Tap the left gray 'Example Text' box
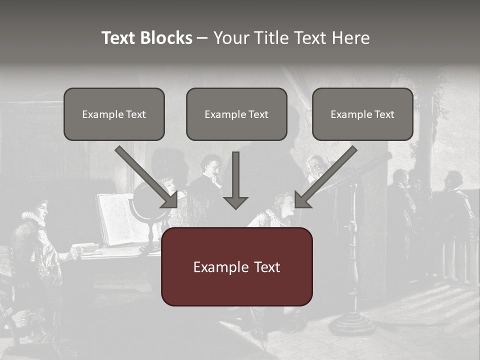pyautogui.click(x=114, y=114)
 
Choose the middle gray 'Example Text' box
pyautogui.click(x=236, y=114)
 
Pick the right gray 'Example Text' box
pyautogui.click(x=362, y=114)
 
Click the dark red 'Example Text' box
pyautogui.click(x=236, y=267)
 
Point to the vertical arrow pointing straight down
pyautogui.click(x=236, y=180)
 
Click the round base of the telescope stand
pyautogui.click(x=352, y=324)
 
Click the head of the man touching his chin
pyautogui.click(x=211, y=166)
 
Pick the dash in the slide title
pyautogui.click(x=202, y=38)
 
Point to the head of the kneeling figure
pyautogui.click(x=282, y=204)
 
